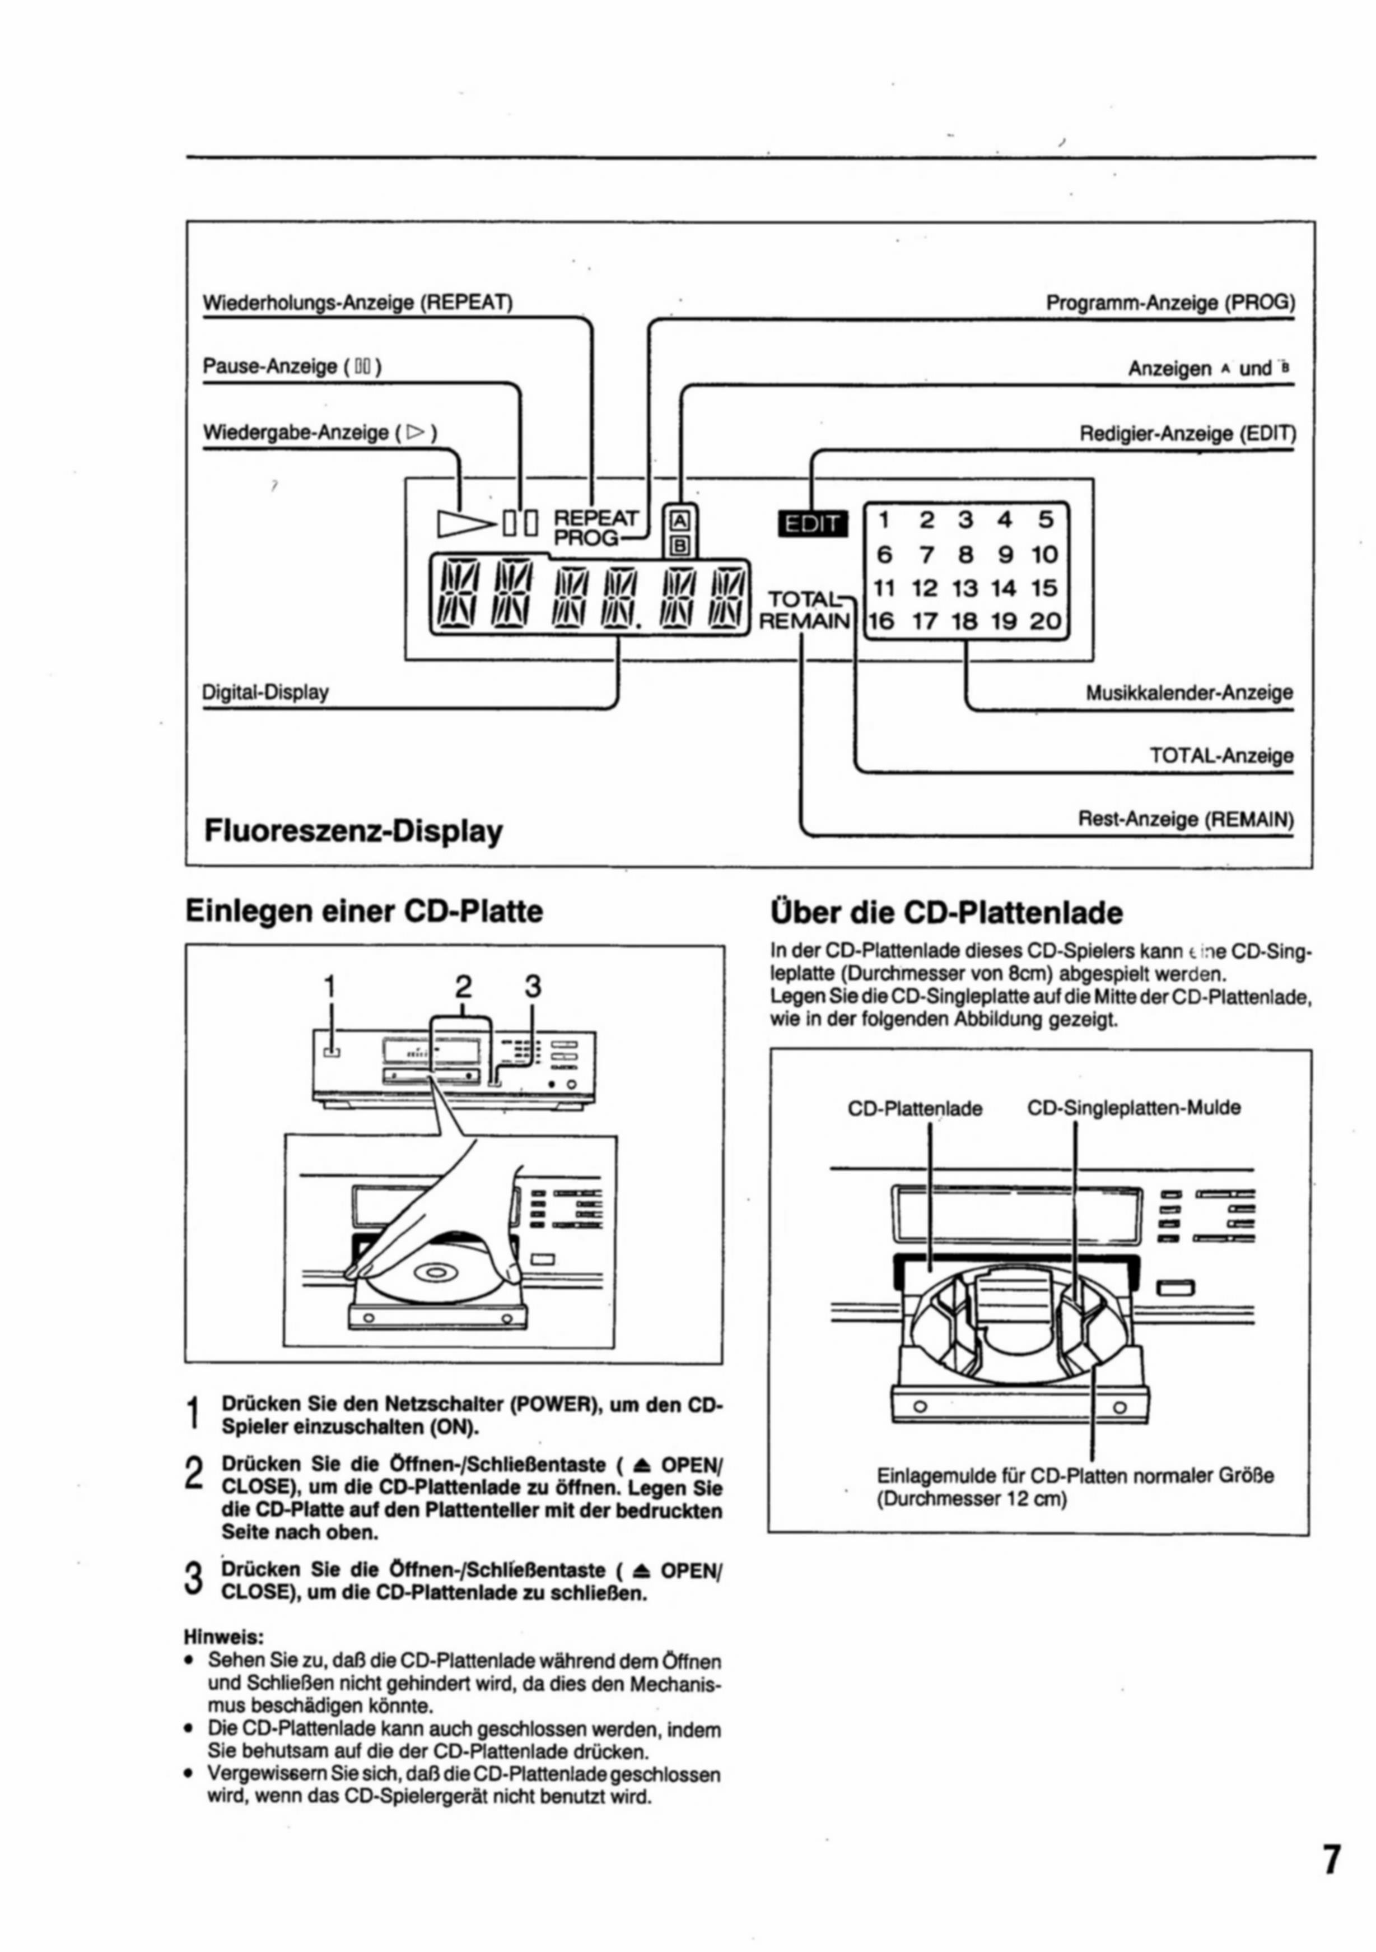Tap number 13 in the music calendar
pos(964,588)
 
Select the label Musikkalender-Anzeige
pos(1189,693)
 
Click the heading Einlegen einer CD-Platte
pos(364,912)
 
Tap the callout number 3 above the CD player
pos(532,986)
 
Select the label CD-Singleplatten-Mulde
pos(1134,1108)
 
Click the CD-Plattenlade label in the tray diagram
pos(915,1109)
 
